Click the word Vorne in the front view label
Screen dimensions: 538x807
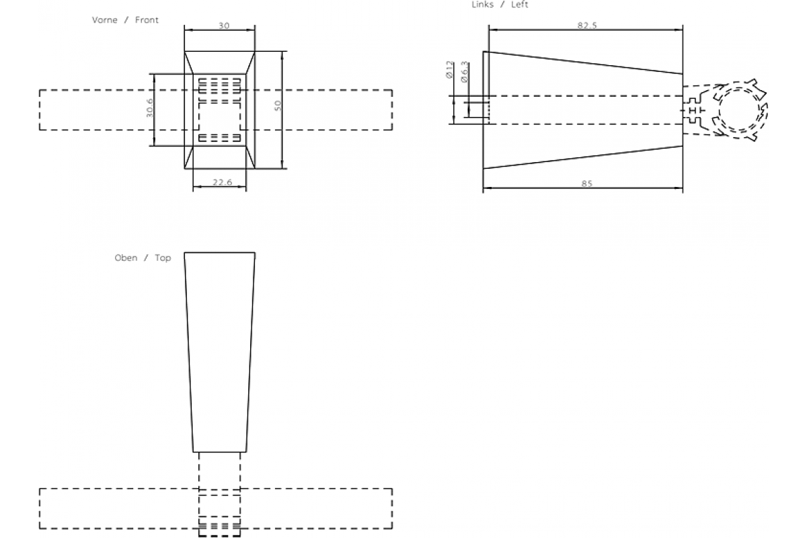[104, 20]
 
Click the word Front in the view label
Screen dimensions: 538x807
[147, 20]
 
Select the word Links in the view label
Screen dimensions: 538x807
[483, 5]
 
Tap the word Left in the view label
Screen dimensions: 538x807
[519, 5]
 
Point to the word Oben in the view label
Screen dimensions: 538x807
[126, 258]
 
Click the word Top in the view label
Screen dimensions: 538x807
[163, 258]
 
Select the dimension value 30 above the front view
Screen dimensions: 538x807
[223, 26]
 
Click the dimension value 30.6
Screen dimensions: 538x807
[150, 108]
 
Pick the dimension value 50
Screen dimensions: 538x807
[278, 106]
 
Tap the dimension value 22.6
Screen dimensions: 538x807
[219, 183]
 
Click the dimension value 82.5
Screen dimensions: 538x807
[586, 25]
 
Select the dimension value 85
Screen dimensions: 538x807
[586, 184]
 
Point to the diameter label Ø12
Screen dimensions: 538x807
[449, 71]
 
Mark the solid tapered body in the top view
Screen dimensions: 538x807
[220, 350]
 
